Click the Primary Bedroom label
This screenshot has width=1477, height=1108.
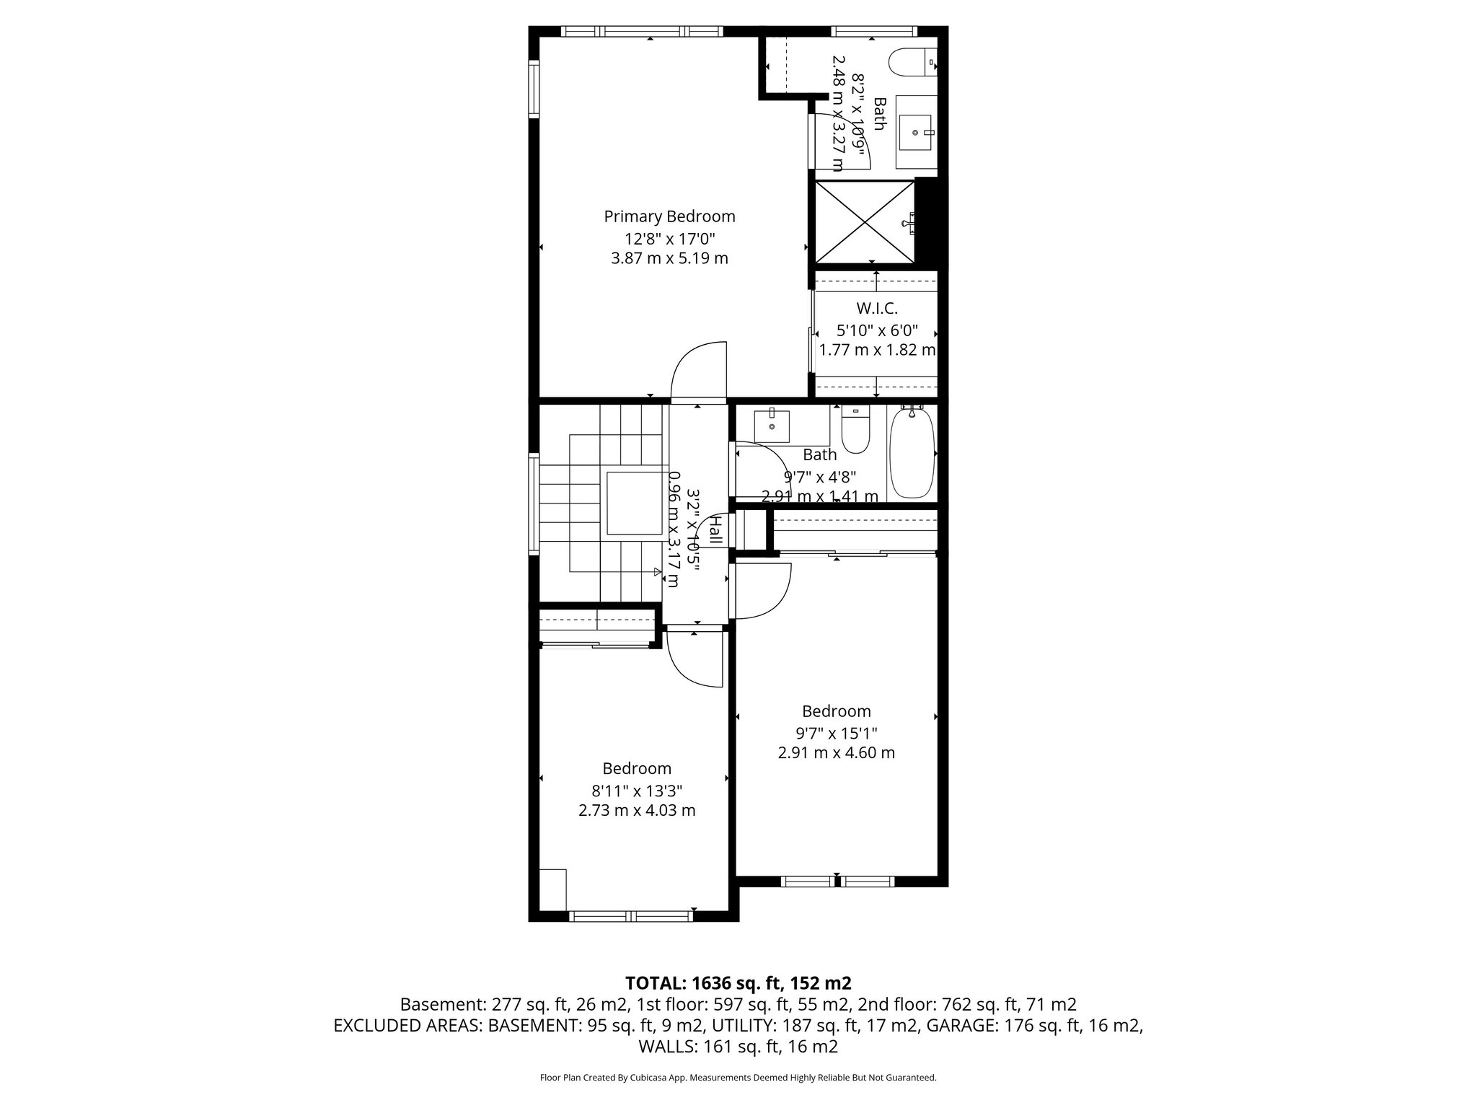(669, 216)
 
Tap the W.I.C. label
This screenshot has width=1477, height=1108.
(877, 309)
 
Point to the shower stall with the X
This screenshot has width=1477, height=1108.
(864, 222)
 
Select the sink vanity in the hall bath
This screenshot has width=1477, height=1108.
(772, 426)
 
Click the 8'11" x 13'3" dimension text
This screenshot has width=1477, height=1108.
(637, 791)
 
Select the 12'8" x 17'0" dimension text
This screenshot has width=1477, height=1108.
(669, 238)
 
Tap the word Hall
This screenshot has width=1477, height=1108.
(715, 530)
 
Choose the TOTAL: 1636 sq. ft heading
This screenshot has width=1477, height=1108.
(738, 983)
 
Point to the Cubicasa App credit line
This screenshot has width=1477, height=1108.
(738, 1078)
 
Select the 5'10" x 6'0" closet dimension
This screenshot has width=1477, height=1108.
(877, 330)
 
